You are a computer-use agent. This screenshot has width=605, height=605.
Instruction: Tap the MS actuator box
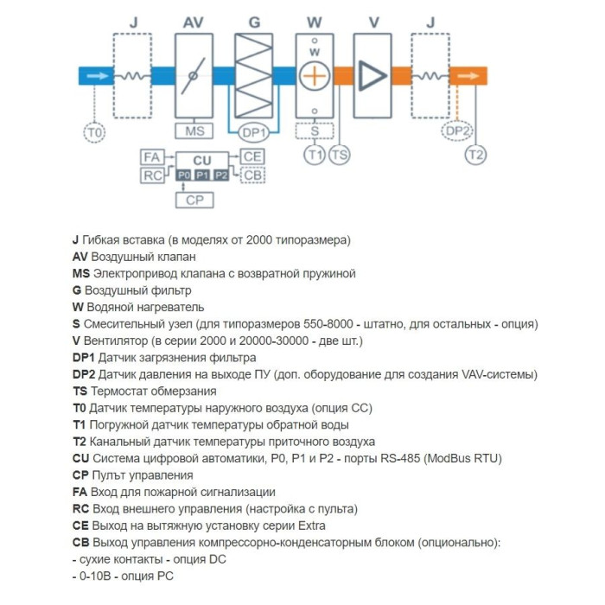point(194,131)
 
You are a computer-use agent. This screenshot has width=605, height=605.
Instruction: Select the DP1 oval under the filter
point(254,132)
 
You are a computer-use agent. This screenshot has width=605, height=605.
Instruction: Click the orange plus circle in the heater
point(315,76)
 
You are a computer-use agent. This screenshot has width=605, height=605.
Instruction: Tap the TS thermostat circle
point(340,155)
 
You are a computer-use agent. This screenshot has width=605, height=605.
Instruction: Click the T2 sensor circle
point(475,155)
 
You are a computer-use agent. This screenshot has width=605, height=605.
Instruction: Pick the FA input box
point(152,157)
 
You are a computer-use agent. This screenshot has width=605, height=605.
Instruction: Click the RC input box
point(152,175)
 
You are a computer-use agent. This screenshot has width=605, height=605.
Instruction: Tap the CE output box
point(252,157)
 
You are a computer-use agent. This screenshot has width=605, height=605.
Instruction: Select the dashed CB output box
point(252,175)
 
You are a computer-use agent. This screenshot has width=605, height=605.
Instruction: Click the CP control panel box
point(202,201)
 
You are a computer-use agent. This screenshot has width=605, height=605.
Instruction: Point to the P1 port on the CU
point(202,175)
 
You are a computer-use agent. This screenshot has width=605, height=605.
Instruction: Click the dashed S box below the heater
point(315,131)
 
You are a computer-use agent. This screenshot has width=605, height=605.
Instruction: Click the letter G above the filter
point(254,21)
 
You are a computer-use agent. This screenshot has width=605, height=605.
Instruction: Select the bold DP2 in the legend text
point(84,374)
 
